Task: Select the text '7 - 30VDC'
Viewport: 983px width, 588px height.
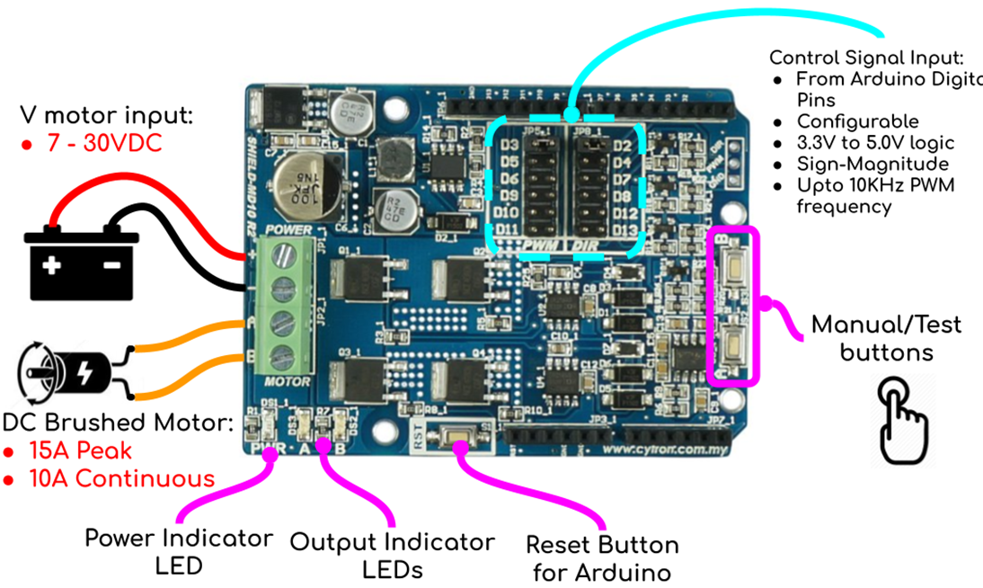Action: coord(105,143)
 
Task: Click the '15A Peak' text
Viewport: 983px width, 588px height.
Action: coord(79,450)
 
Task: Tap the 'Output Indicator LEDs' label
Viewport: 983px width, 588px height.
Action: coord(392,556)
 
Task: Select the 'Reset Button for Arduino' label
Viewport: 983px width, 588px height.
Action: coord(602,558)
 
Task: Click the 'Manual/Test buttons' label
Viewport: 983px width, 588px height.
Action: coord(886,338)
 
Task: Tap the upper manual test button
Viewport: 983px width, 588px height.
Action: coord(733,267)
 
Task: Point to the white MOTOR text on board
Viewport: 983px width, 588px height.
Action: coord(288,382)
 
